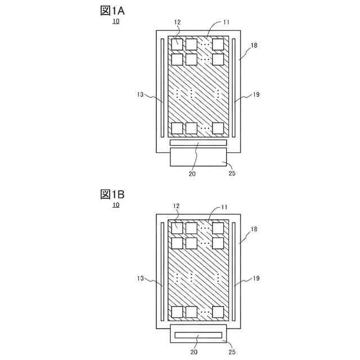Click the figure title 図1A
(113, 10)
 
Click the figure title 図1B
(112, 194)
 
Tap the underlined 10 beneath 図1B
(115, 205)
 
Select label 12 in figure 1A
(177, 22)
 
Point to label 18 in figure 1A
(254, 44)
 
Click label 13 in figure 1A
(141, 95)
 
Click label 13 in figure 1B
(141, 278)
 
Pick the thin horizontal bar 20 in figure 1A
(198, 143)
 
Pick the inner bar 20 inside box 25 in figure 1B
(198, 335)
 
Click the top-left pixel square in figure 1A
(177, 43)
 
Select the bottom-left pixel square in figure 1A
(177, 128)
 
